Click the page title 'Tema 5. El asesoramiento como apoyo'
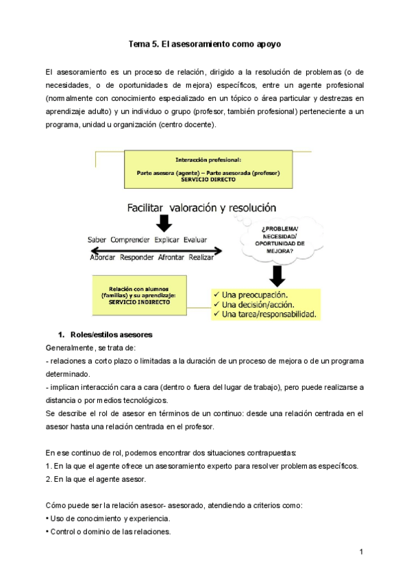pyautogui.click(x=206, y=44)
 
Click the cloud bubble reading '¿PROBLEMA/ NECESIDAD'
pyautogui.click(x=275, y=238)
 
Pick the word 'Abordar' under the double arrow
pyautogui.click(x=103, y=257)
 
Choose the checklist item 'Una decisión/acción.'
pyautogui.click(x=260, y=304)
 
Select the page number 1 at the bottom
pyautogui.click(x=362, y=552)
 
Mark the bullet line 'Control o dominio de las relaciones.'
pyautogui.click(x=108, y=531)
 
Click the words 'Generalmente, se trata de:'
pyautogui.click(x=90, y=348)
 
